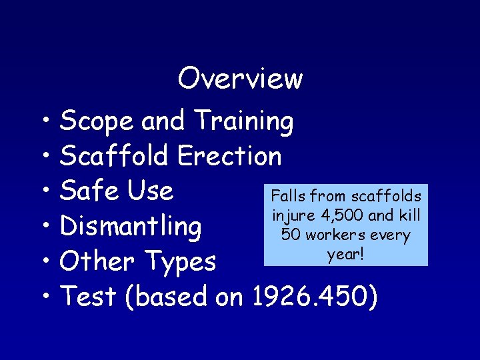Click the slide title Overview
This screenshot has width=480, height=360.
coord(240,79)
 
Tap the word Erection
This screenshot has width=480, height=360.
coord(230,157)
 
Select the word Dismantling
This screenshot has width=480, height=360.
coord(131,227)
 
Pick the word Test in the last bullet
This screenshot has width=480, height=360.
coord(88,297)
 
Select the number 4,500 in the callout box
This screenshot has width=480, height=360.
coord(343,216)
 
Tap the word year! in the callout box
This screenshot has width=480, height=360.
coord(345,254)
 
